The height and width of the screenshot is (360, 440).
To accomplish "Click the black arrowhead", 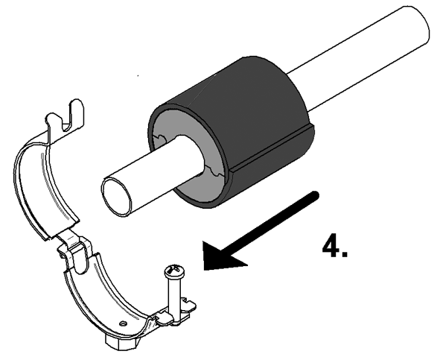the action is [x=222, y=255].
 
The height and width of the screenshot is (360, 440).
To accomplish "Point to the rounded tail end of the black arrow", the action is [x=316, y=195].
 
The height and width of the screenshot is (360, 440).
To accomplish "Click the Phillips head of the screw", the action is [x=174, y=271].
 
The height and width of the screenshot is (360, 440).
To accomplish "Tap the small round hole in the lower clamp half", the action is [x=122, y=323].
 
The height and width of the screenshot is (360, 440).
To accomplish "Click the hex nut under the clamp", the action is [x=121, y=341].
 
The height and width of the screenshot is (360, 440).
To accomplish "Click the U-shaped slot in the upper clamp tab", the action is [x=68, y=118].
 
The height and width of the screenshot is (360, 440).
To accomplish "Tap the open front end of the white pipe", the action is [x=116, y=198].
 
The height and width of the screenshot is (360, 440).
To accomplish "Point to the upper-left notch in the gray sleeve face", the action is [x=159, y=139].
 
